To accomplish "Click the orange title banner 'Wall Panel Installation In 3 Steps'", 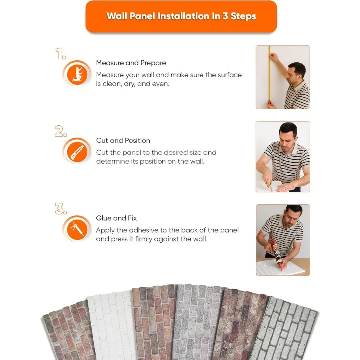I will pyautogui.click(x=181, y=16).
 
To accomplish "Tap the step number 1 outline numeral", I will pyautogui.click(x=61, y=54).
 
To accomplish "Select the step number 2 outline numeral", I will pyautogui.click(x=61, y=131).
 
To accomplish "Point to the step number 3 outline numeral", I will pyautogui.click(x=61, y=209).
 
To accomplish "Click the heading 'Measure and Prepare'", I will pyautogui.click(x=131, y=63).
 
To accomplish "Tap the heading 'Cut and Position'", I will pyautogui.click(x=123, y=140).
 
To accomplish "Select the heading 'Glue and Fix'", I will pyautogui.click(x=116, y=218).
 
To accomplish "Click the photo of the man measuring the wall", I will pyautogui.click(x=283, y=77).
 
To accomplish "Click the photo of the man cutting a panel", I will pyautogui.click(x=283, y=157).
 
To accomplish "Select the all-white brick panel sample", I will pyautogui.click(x=110, y=326).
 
